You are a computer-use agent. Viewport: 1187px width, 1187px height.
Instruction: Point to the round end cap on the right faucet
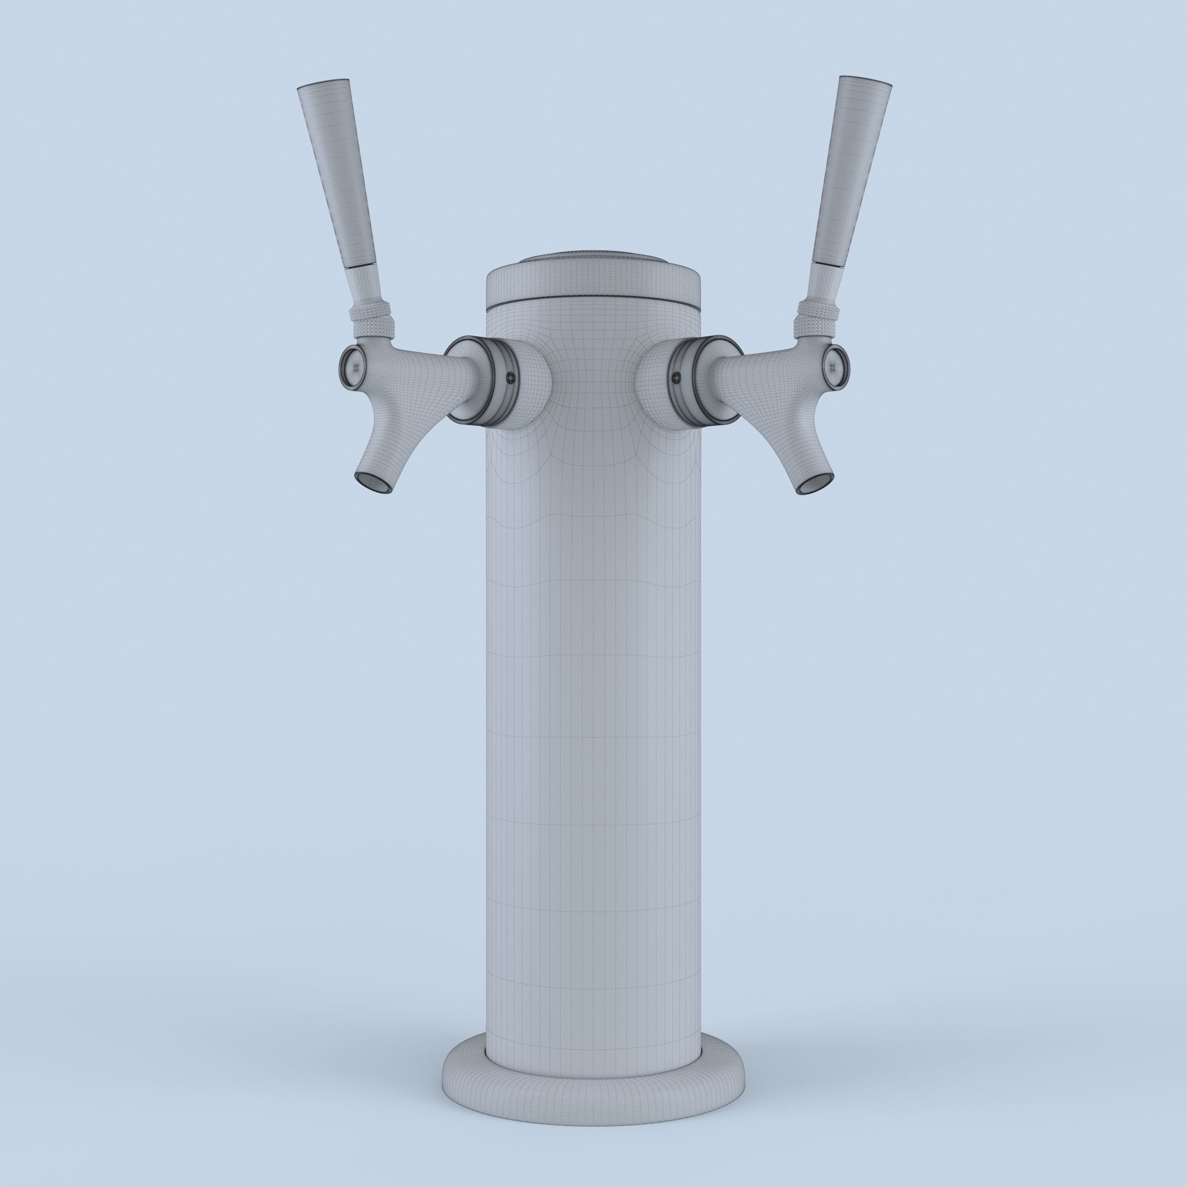pos(835,368)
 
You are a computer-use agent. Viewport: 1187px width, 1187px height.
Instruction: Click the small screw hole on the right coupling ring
pos(677,376)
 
